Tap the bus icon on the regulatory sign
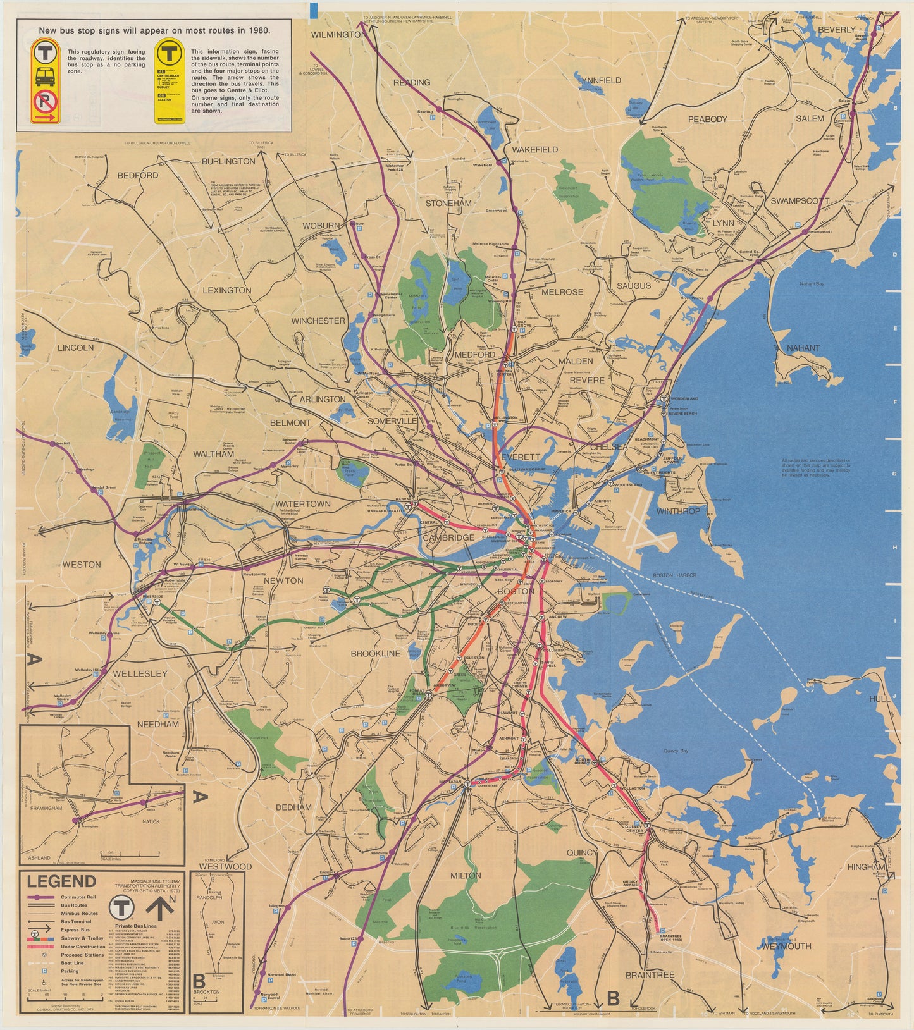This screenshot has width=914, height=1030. [x=45, y=77]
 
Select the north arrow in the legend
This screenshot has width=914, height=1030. [x=161, y=909]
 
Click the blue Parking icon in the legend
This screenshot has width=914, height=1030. [x=44, y=971]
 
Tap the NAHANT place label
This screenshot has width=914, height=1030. [x=803, y=348]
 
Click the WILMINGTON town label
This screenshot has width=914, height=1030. [x=338, y=34]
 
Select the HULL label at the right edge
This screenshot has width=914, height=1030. [x=879, y=699]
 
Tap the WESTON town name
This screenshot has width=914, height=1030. [x=82, y=564]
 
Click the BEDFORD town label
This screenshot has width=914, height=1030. [x=138, y=175]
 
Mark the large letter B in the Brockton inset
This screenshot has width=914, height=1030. [x=199, y=982]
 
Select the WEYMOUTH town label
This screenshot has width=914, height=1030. [x=786, y=946]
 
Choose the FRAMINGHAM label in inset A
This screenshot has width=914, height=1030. [x=45, y=808]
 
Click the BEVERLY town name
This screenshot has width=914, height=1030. [x=836, y=29]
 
